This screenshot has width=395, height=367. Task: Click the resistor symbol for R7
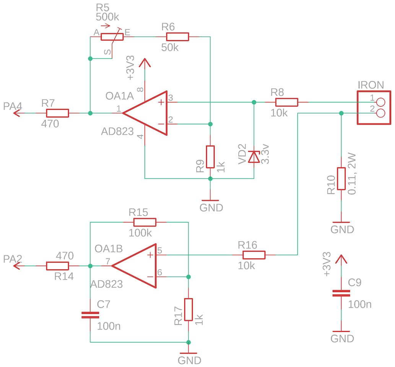point(57,113)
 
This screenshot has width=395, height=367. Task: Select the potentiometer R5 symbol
point(112,37)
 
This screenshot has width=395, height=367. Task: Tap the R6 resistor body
point(177,37)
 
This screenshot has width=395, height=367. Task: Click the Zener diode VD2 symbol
point(254,157)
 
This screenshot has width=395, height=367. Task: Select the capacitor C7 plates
point(90,315)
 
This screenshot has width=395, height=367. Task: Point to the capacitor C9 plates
point(341,293)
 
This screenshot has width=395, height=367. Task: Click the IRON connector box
point(374,107)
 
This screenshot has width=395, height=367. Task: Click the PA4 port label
point(13,107)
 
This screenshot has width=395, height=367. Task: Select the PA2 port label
point(13,259)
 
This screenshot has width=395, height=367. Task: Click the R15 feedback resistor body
point(145,222)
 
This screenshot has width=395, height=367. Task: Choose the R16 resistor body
point(254,255)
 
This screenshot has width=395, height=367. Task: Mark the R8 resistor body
point(286,102)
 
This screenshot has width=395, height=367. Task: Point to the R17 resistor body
point(188,310)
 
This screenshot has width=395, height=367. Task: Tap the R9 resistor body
point(210,157)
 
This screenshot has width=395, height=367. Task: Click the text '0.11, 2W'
point(352,174)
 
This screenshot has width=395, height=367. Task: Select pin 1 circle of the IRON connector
point(380,102)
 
